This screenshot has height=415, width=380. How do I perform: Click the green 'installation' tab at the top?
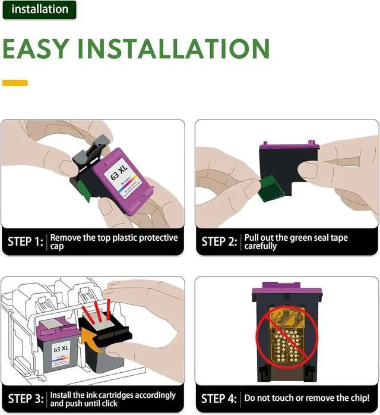tap(39, 10)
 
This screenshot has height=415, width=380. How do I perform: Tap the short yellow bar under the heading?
tap(15, 83)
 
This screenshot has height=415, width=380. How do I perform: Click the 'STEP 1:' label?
tap(25, 242)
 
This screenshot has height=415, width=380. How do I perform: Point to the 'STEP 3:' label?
tap(25, 399)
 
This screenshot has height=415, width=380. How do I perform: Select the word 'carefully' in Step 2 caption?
tap(260, 246)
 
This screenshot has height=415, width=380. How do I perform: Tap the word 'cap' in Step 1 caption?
tap(56, 246)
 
